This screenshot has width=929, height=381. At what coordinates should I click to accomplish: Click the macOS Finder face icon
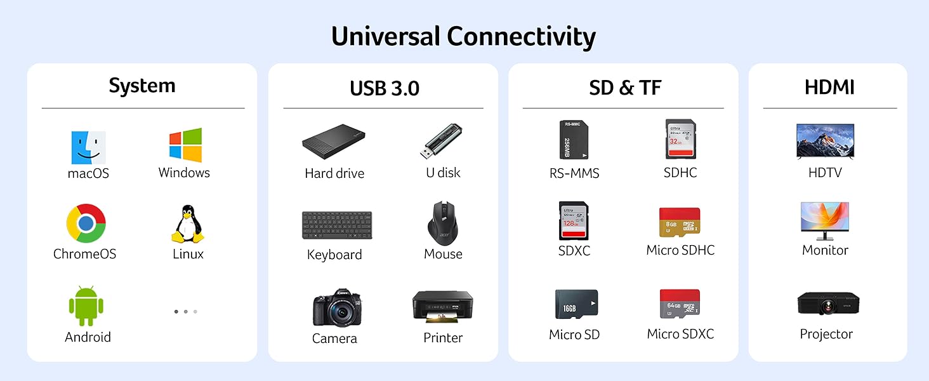(x=88, y=147)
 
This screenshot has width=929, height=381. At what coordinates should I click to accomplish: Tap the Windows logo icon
(x=185, y=145)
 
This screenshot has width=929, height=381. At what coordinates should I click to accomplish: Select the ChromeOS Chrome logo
(x=86, y=223)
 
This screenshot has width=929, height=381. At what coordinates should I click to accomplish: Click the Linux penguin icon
(x=188, y=224)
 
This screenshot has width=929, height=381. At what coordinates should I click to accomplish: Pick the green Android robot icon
(x=86, y=306)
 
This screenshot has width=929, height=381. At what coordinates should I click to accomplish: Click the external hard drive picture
(x=334, y=143)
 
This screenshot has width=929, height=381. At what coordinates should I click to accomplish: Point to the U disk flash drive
(x=442, y=142)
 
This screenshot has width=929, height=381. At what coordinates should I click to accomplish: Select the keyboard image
(x=337, y=225)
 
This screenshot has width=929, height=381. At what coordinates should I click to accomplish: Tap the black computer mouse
(x=443, y=222)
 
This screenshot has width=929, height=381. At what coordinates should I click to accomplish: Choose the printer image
(x=442, y=306)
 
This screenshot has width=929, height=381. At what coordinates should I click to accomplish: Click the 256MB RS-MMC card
(x=574, y=140)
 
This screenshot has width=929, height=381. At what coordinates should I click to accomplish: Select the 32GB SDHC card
(x=680, y=139)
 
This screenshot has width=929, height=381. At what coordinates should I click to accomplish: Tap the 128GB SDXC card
(x=574, y=220)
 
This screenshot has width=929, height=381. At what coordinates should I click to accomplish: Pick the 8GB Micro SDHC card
(x=680, y=222)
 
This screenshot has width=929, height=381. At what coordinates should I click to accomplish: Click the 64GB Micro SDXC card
(x=680, y=304)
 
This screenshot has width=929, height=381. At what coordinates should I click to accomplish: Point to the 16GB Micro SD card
(x=576, y=305)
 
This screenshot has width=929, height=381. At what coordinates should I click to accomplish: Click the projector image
(x=827, y=304)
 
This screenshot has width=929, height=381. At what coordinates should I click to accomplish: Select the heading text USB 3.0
(x=384, y=88)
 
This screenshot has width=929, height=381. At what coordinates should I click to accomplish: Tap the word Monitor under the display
(x=825, y=250)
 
